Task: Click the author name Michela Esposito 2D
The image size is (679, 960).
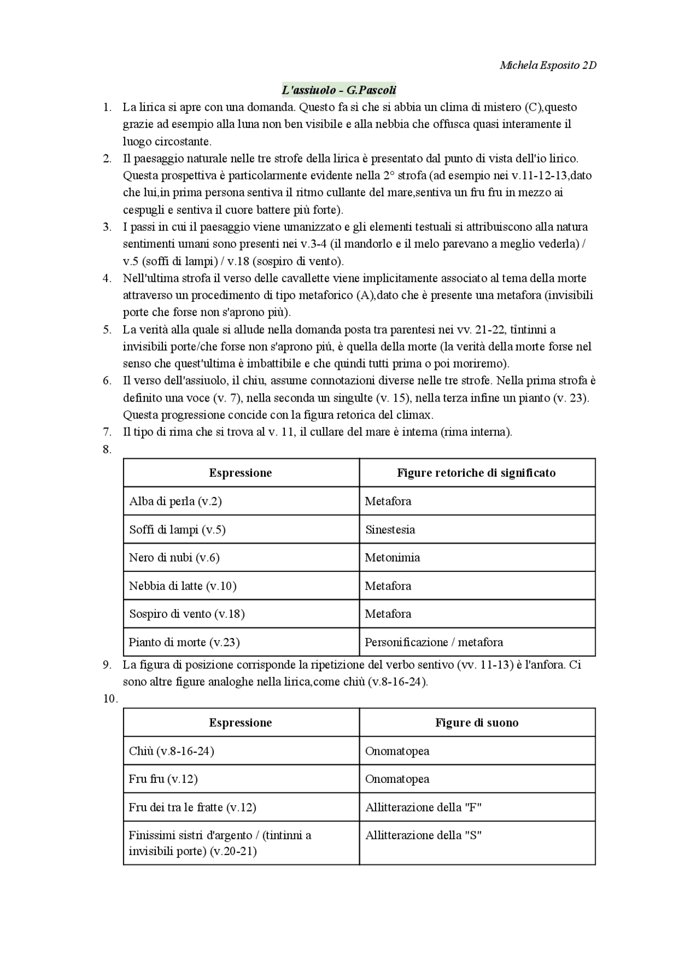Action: tap(547, 65)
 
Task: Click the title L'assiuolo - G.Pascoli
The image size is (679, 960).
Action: tap(339, 90)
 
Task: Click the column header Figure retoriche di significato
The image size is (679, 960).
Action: tap(476, 473)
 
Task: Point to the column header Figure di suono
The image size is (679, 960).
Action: tap(476, 722)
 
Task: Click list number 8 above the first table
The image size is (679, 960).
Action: tap(107, 449)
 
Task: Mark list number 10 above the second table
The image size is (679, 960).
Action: tap(110, 699)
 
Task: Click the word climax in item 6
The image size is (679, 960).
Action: tap(417, 414)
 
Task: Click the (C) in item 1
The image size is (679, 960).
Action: tap(532, 107)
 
